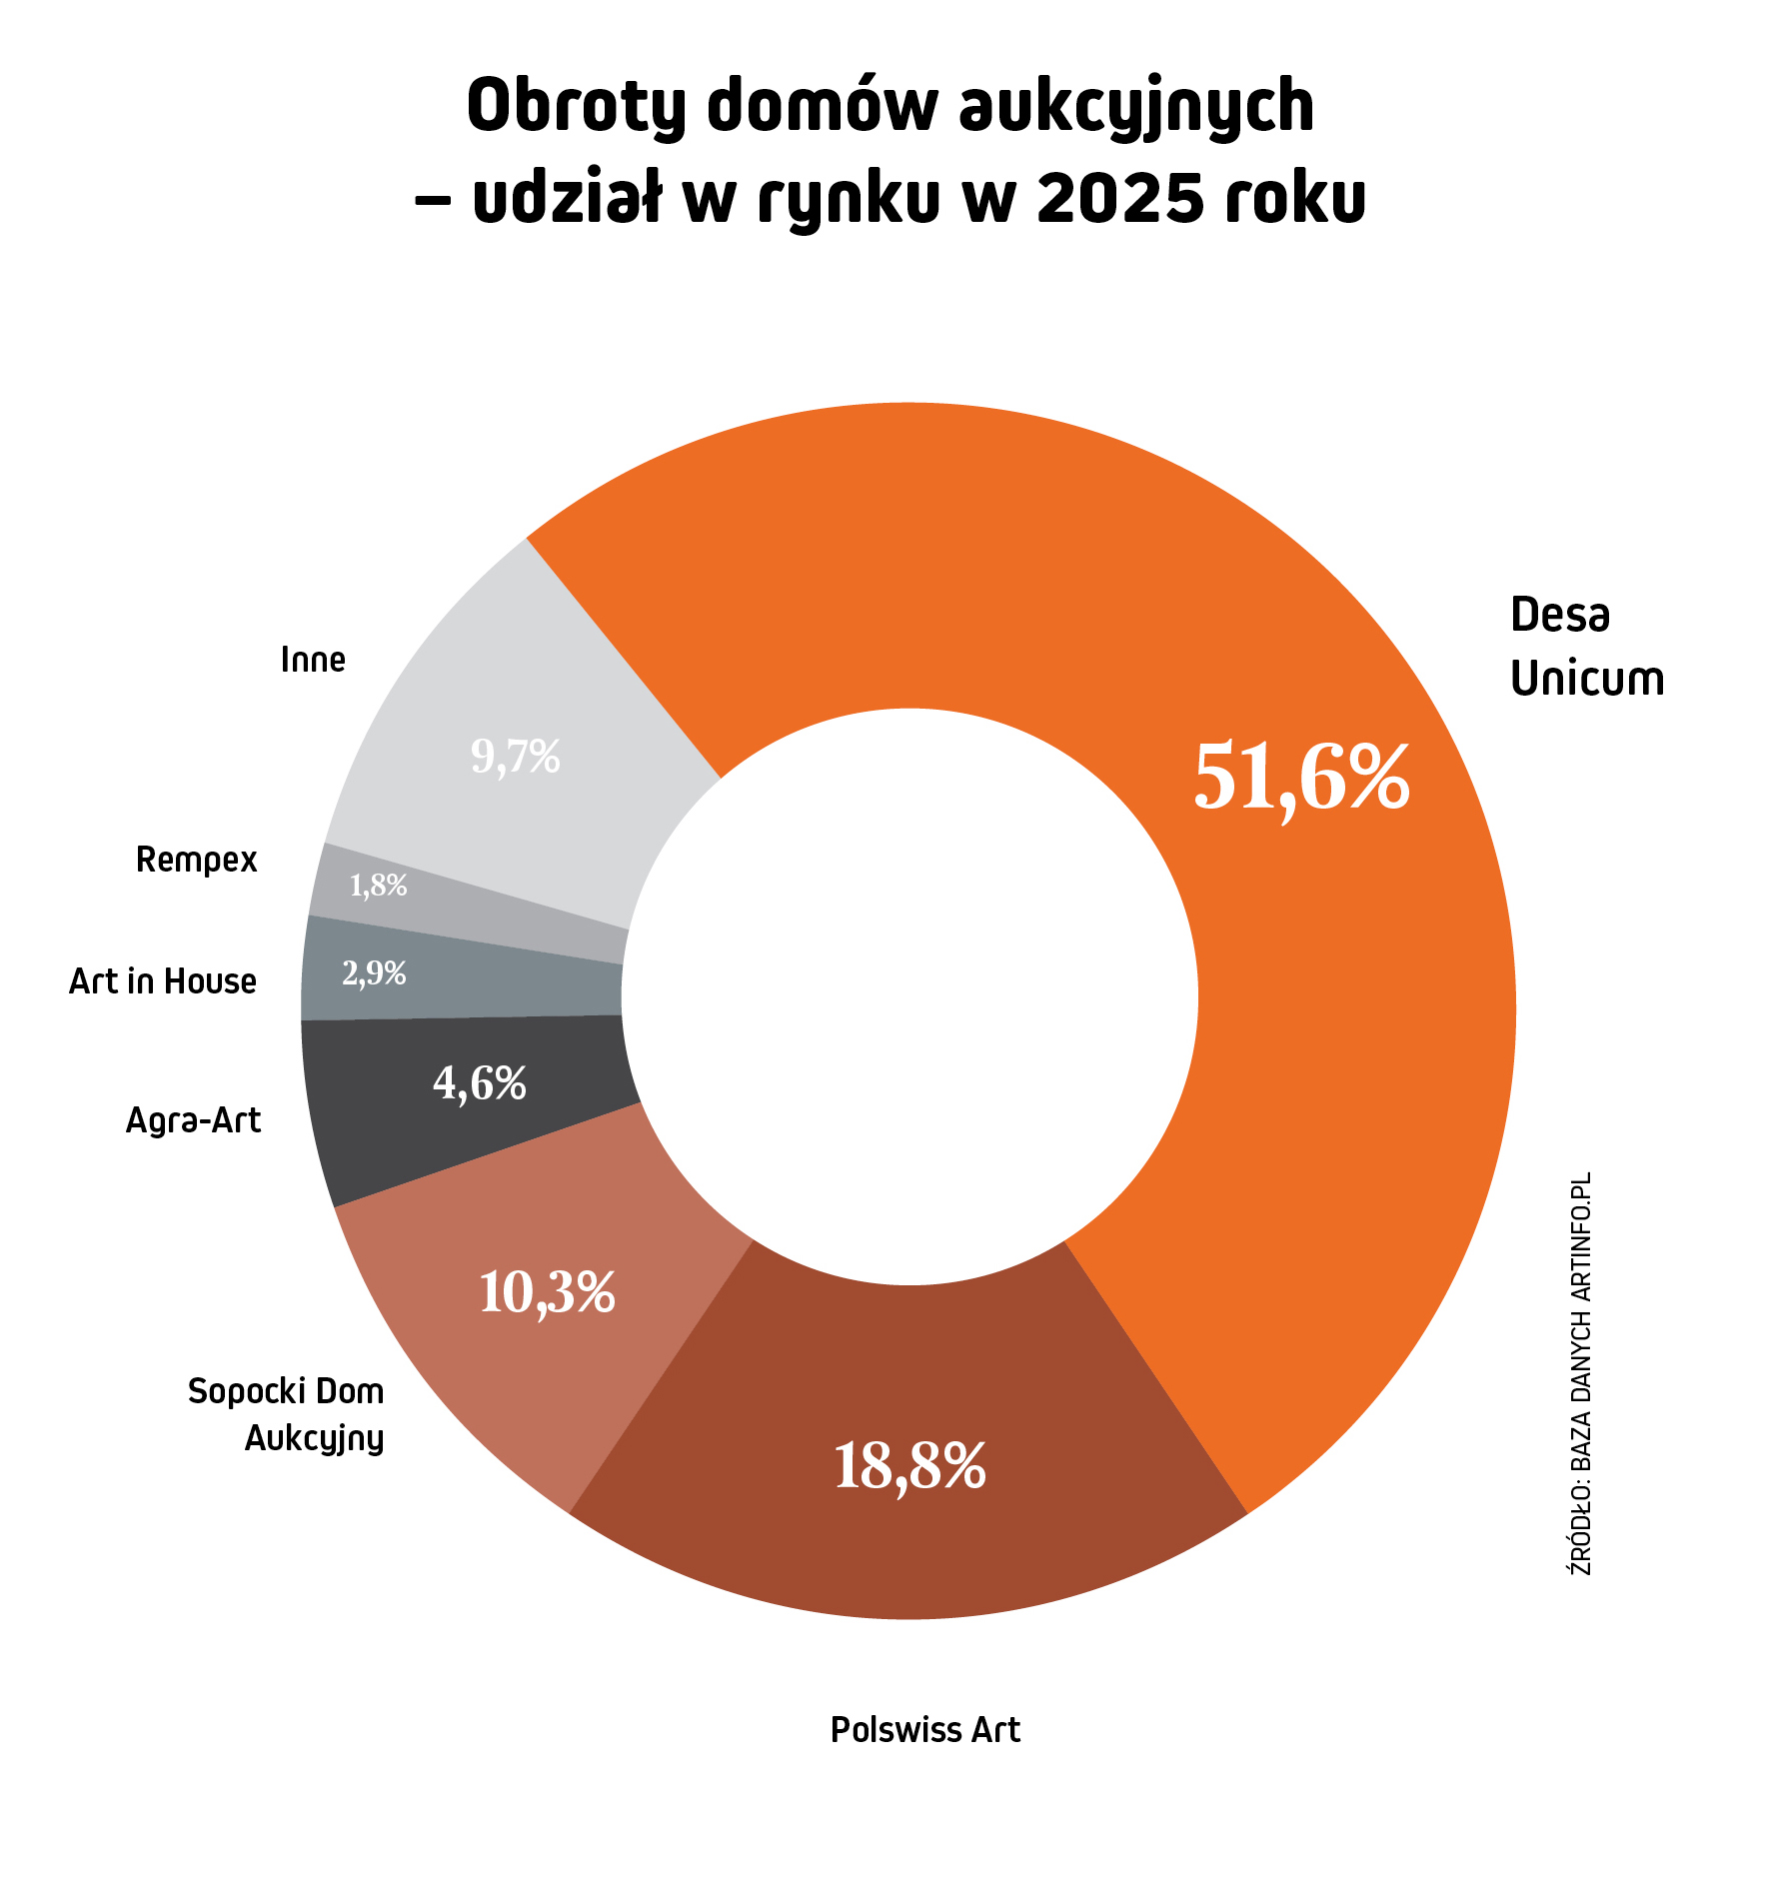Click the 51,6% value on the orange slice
[1301, 779]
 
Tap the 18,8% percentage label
[909, 1466]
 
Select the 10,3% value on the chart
[547, 1292]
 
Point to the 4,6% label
[480, 1082]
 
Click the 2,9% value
[374, 973]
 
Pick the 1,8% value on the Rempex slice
[378, 886]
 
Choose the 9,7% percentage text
[515, 757]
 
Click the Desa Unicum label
[1586, 647]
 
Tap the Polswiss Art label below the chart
[924, 1730]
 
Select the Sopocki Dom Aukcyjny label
[287, 1415]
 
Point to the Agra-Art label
[193, 1121]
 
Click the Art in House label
[163, 982]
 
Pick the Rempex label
[197, 860]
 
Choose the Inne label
[313, 660]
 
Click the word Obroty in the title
[575, 107]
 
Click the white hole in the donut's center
[909, 996]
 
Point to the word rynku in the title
[849, 198]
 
